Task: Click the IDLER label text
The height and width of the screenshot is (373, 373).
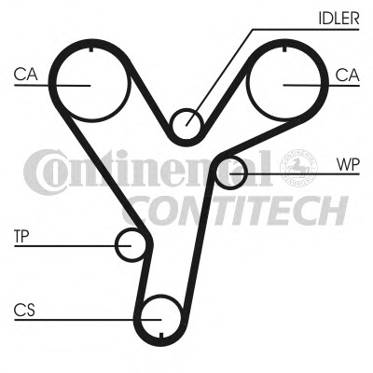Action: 338,18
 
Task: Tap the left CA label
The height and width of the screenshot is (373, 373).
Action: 26,75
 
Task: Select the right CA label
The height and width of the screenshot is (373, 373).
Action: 348,75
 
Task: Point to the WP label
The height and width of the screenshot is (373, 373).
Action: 348,165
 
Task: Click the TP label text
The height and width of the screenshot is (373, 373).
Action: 21,237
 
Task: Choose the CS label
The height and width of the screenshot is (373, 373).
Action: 24,310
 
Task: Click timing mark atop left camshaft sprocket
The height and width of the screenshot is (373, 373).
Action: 91,49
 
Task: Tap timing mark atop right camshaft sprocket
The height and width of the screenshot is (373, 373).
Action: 284,48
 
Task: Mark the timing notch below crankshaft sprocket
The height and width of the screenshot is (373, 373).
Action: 161,335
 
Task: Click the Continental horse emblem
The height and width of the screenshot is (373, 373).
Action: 298,168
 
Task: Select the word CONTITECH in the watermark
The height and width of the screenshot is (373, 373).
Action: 235,211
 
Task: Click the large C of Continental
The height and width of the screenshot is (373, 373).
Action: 44,172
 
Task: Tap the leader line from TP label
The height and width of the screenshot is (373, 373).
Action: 73,246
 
